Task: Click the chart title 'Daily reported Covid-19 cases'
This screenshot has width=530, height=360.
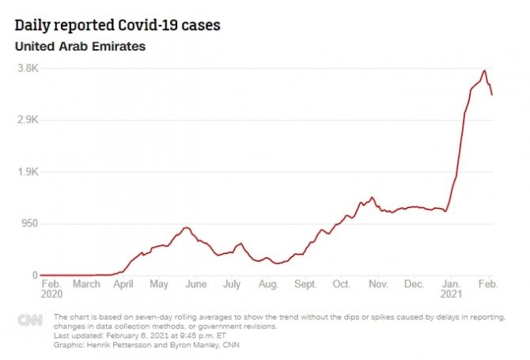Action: click(x=117, y=26)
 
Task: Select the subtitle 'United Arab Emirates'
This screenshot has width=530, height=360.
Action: click(x=80, y=47)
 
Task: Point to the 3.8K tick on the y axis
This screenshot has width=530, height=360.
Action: click(x=28, y=68)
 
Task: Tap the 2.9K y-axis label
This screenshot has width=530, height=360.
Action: click(x=28, y=119)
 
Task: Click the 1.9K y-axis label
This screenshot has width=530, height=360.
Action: click(x=28, y=172)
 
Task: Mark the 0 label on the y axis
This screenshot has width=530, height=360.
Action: click(x=35, y=275)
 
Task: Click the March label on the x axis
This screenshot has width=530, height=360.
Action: click(x=86, y=284)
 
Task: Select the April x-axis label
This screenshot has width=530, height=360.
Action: click(x=123, y=284)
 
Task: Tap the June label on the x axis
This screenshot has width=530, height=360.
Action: click(x=196, y=284)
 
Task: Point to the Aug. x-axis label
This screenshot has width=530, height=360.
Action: click(x=269, y=284)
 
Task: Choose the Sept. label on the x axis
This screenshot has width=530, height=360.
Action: click(x=305, y=284)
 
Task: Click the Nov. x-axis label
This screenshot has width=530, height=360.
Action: click(x=378, y=284)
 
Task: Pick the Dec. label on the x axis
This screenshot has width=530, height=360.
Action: click(x=415, y=284)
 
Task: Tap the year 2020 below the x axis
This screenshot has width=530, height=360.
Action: click(x=51, y=294)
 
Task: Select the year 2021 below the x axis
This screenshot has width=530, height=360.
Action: click(x=452, y=294)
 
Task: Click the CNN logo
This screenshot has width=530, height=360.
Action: click(x=31, y=320)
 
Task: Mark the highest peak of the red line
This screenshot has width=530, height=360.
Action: click(x=484, y=70)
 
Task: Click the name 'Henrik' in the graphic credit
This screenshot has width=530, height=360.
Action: click(x=106, y=345)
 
